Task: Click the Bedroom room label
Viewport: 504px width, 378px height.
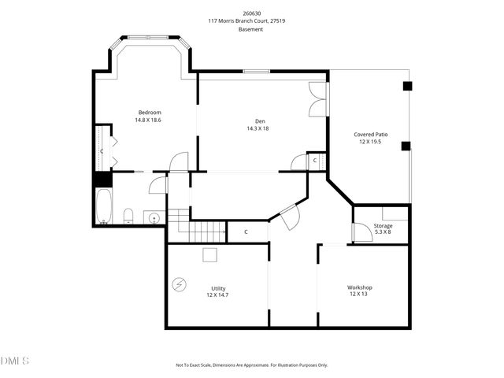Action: click(150, 112)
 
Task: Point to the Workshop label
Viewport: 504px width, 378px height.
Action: click(360, 287)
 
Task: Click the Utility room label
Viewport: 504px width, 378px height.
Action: click(218, 287)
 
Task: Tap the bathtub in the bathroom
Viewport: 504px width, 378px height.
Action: click(103, 206)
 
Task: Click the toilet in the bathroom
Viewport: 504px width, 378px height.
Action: click(128, 215)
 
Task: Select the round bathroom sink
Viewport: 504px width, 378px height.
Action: click(154, 217)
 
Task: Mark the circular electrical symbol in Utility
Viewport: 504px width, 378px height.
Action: click(180, 284)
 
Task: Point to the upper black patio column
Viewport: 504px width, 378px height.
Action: click(406, 86)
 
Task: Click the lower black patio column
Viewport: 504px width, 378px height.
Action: click(406, 146)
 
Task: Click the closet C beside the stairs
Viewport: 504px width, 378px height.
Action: click(246, 232)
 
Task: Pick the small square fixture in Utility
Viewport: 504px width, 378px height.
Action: click(209, 254)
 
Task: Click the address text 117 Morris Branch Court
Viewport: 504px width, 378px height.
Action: click(252, 21)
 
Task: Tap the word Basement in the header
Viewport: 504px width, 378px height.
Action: click(252, 29)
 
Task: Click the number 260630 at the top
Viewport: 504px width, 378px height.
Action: click(252, 13)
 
